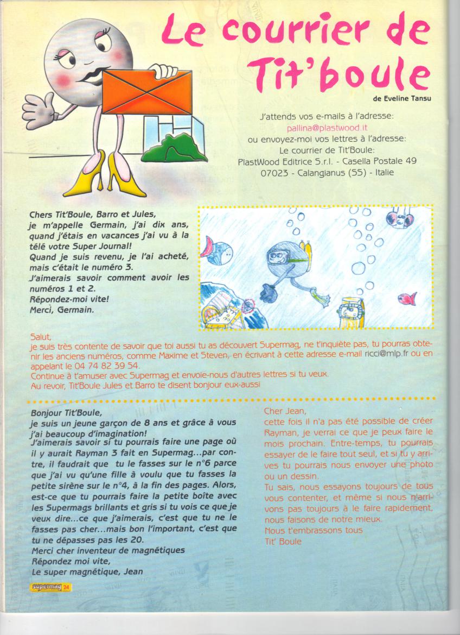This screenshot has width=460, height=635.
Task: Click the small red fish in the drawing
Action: pos(407,298)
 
